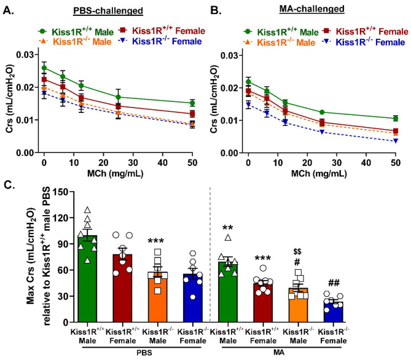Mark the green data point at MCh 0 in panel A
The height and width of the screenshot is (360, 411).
point(44,68)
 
